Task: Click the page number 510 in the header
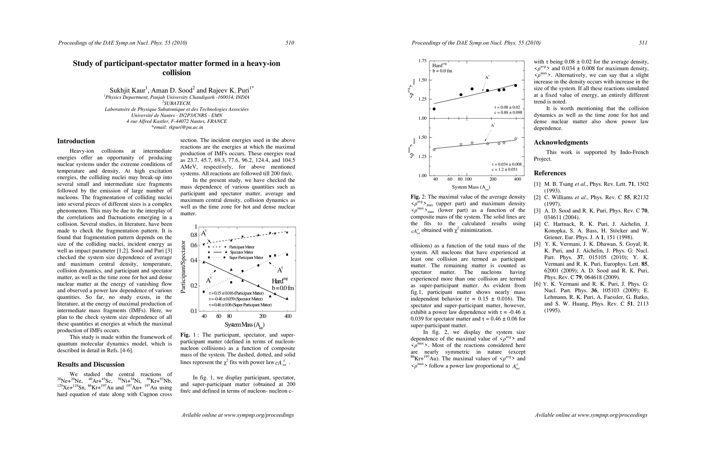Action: click(x=290, y=43)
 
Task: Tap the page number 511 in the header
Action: click(x=643, y=43)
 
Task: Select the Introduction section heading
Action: click(x=76, y=141)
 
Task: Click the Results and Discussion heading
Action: click(x=91, y=364)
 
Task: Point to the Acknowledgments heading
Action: click(x=561, y=142)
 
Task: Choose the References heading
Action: click(x=550, y=173)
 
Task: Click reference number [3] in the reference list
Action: click(x=537, y=211)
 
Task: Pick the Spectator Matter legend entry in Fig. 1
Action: click(x=241, y=252)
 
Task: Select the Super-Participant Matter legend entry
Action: click(x=246, y=258)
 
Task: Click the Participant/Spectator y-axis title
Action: click(x=183, y=267)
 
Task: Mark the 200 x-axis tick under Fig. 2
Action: click(x=493, y=179)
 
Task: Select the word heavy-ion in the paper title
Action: click(x=263, y=63)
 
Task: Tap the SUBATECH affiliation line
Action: click(x=177, y=103)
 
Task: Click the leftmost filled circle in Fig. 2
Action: click(x=434, y=109)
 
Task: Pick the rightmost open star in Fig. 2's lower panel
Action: click(x=516, y=139)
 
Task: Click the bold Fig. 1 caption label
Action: click(x=186, y=335)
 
